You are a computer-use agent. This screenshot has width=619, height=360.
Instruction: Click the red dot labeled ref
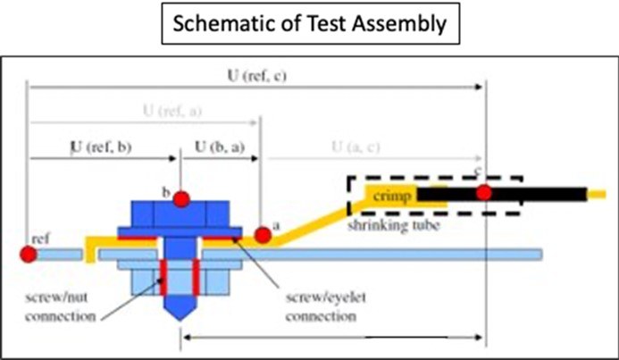29,255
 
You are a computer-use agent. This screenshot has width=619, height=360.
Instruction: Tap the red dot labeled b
181,197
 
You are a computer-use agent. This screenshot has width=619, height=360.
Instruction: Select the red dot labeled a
263,234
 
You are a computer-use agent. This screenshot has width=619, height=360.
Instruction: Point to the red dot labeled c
484,193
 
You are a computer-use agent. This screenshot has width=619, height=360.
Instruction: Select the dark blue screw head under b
181,214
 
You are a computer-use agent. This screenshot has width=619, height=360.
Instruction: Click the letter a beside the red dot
276,226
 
